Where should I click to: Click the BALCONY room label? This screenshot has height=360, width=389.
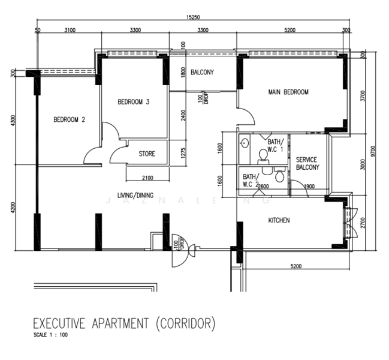click(202, 72)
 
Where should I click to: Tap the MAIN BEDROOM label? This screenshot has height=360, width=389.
click(288, 92)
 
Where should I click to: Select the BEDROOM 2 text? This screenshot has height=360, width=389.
click(69, 119)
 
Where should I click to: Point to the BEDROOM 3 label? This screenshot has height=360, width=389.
click(134, 102)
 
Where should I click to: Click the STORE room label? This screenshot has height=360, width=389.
click(147, 154)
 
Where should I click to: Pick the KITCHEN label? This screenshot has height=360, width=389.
click(279, 220)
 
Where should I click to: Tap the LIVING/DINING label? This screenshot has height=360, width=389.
click(135, 196)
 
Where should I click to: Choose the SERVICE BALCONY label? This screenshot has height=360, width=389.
click(307, 163)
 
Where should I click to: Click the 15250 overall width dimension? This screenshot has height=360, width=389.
click(193, 17)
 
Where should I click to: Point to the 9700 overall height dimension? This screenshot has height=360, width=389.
click(374, 151)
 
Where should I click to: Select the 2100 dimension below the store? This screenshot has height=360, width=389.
click(147, 178)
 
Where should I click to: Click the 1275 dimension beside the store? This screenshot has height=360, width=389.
click(183, 154)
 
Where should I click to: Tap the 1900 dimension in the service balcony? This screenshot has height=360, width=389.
click(309, 187)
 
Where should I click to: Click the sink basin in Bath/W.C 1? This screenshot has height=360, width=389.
click(245, 143)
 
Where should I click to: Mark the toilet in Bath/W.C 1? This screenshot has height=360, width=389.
click(263, 157)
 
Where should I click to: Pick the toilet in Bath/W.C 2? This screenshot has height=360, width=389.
click(279, 175)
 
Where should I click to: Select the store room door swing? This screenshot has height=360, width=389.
click(118, 154)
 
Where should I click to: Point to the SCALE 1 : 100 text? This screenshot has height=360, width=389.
click(50, 335)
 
